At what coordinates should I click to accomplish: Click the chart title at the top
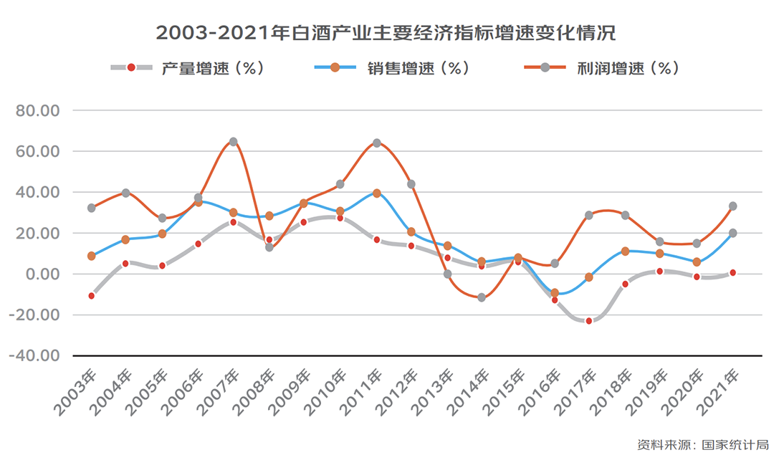(x=386, y=33)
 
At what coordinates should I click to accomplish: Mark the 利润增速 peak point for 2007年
(x=233, y=142)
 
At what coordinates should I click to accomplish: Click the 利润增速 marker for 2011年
(x=376, y=143)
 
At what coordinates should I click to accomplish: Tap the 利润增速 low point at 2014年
(x=482, y=297)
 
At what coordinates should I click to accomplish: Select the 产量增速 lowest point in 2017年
(x=589, y=321)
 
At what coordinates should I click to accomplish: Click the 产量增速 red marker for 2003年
(x=92, y=295)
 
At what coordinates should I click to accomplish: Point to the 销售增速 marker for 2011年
(x=376, y=193)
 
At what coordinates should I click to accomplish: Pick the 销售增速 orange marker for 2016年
(x=554, y=292)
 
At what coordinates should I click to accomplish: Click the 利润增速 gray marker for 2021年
(x=732, y=206)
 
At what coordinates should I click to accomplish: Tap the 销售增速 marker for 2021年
(x=732, y=233)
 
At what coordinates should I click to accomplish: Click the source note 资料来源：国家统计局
(x=702, y=444)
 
